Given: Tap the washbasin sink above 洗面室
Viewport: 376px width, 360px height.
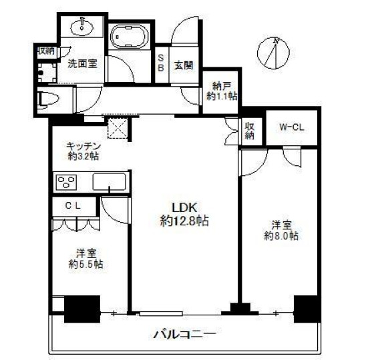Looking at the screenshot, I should point(82,27).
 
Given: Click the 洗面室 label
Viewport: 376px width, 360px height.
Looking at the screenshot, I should point(82,65).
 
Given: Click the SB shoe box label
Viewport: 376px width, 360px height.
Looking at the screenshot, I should point(161,62).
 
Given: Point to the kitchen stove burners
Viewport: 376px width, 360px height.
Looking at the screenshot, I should point(67,181).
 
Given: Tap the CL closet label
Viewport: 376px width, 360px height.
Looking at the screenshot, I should point(73,205).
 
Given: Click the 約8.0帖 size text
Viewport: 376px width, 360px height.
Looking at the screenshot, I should point(280,235).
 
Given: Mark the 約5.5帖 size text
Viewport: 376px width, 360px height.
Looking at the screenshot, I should point(86,264).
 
